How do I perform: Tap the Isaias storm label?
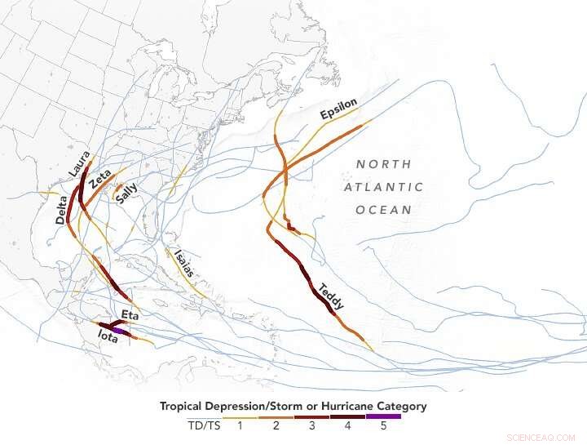coord(183,262)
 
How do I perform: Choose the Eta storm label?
coord(130,314)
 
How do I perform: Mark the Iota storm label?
coord(107,335)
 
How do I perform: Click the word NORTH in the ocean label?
coord(383,164)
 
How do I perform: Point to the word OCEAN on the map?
coord(383,210)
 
